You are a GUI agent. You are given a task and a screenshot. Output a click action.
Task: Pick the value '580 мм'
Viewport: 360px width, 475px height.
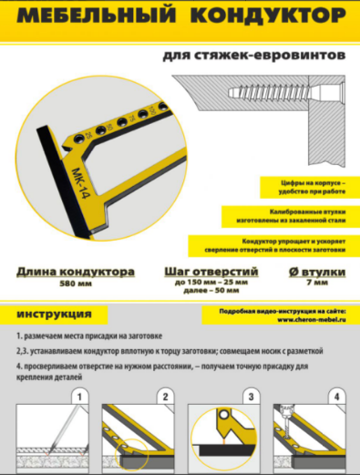point(76,284)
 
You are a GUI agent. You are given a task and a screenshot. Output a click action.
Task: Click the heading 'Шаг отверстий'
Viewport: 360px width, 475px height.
point(210,272)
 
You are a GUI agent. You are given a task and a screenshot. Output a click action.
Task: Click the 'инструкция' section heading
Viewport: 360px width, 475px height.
point(54,315)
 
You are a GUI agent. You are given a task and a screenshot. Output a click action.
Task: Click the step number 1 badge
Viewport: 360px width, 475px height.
point(80,398)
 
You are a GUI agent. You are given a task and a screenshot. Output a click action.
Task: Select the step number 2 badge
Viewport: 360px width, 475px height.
point(165,398)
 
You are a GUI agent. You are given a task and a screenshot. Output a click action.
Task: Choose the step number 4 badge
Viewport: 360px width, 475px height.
point(336,398)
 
